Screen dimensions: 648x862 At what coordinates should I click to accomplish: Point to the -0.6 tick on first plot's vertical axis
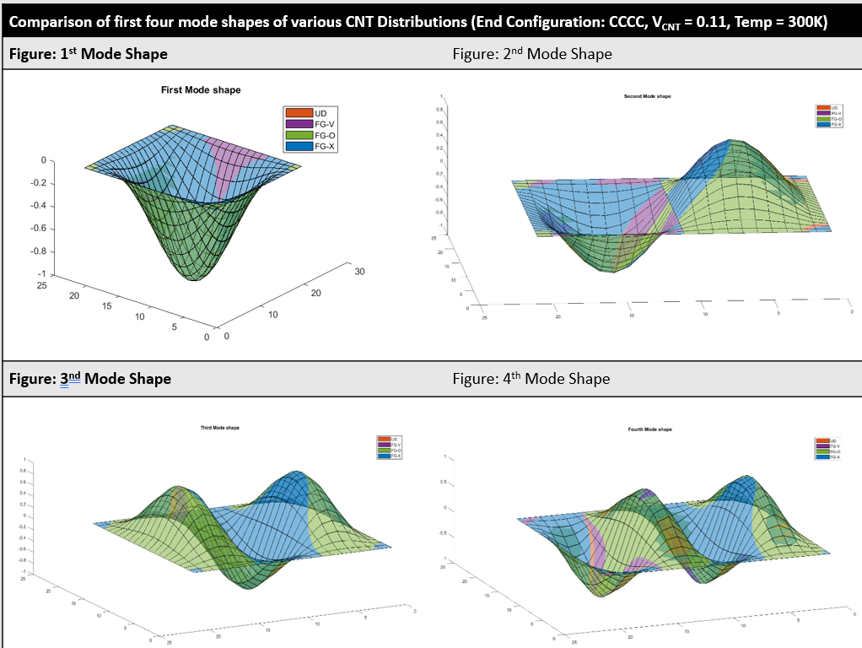37,229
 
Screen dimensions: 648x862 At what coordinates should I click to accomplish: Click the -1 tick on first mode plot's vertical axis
40,274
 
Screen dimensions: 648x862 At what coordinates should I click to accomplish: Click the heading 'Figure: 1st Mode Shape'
89,54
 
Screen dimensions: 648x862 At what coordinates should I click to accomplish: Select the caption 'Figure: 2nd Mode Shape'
531,54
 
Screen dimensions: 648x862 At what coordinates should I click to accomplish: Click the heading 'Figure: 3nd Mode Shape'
90,379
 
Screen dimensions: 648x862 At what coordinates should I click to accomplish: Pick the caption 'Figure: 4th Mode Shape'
531,379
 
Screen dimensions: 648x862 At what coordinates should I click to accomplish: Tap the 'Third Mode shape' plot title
219,428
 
